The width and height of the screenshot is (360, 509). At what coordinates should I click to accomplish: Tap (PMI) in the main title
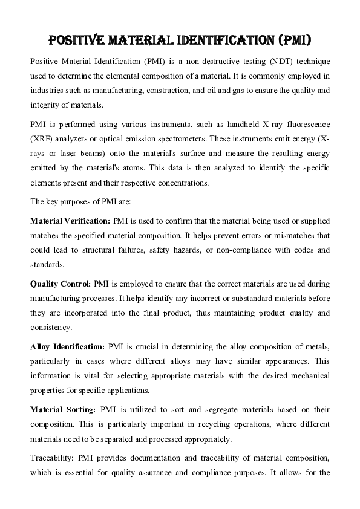292,41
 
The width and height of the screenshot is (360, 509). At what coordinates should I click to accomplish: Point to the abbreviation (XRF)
41,138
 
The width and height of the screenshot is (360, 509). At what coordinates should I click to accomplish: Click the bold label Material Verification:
70,222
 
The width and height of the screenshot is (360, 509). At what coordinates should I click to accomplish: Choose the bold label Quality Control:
61,284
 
